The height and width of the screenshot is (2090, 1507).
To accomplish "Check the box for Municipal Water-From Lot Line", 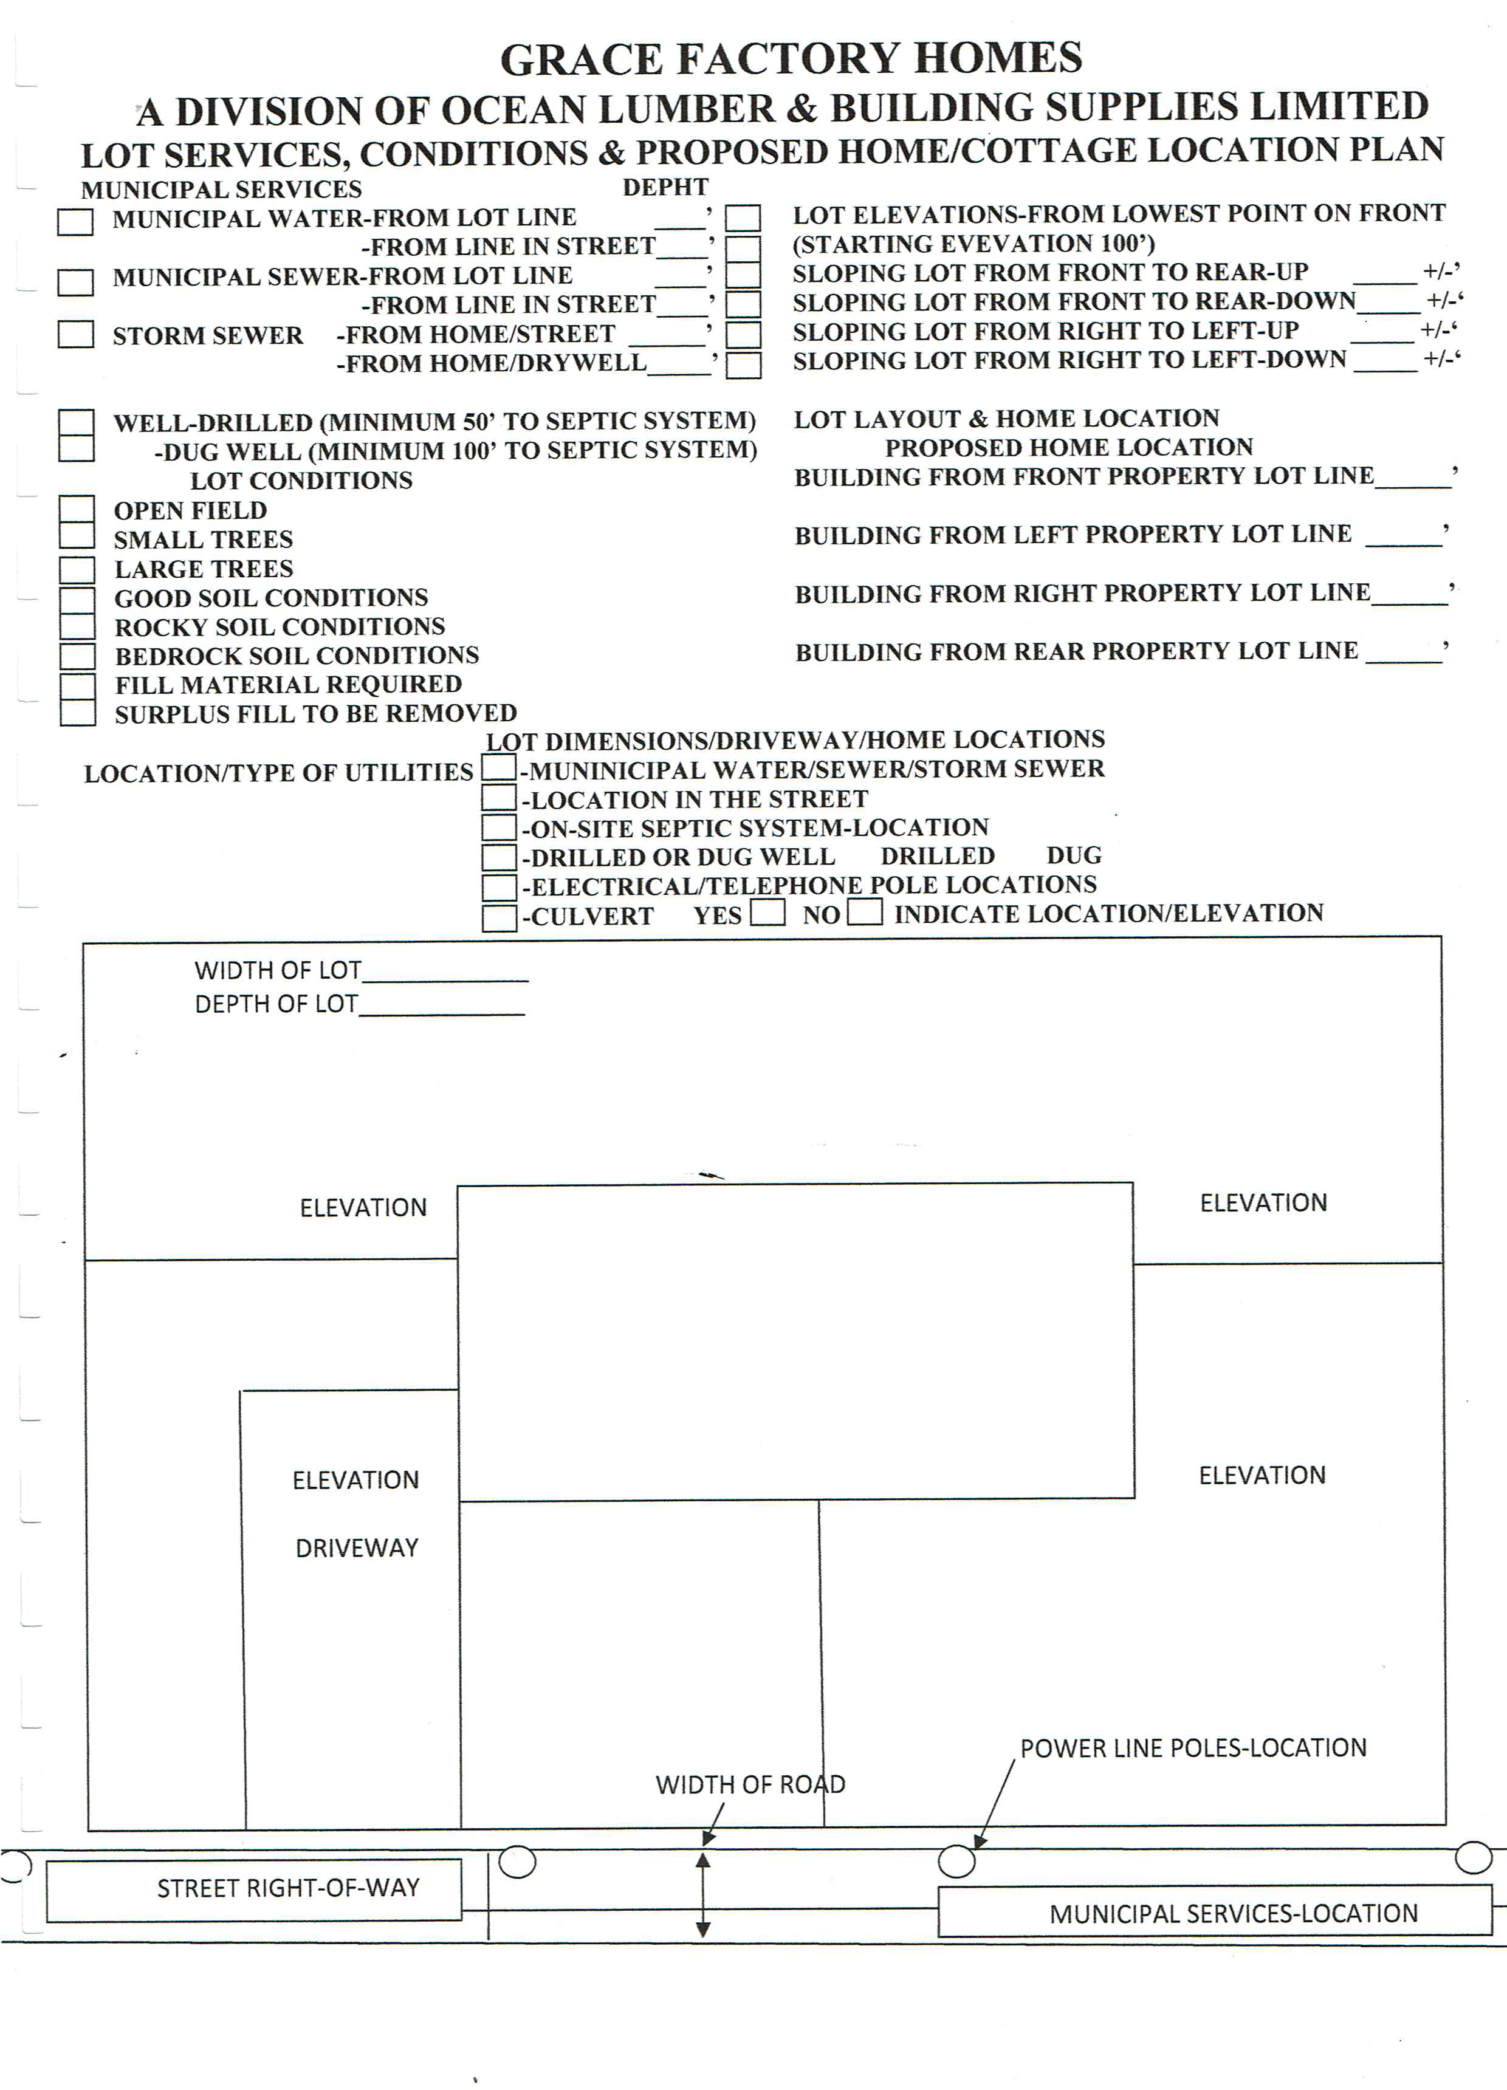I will (75, 222).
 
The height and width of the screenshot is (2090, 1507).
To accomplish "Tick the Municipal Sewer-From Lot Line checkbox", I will (75, 281).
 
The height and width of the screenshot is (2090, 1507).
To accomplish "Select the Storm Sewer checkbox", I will (75, 334).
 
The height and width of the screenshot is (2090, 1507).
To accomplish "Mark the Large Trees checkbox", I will (77, 569).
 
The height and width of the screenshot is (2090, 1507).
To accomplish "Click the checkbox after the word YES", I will (767, 913).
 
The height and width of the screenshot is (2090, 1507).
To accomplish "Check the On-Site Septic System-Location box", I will (499, 827).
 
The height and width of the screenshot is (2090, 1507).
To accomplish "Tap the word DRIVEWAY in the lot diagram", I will (357, 1547).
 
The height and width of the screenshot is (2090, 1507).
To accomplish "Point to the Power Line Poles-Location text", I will (1193, 1748).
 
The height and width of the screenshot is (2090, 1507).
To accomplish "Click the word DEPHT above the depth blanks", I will (665, 187).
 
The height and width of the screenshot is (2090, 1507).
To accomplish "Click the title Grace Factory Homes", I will (791, 59).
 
